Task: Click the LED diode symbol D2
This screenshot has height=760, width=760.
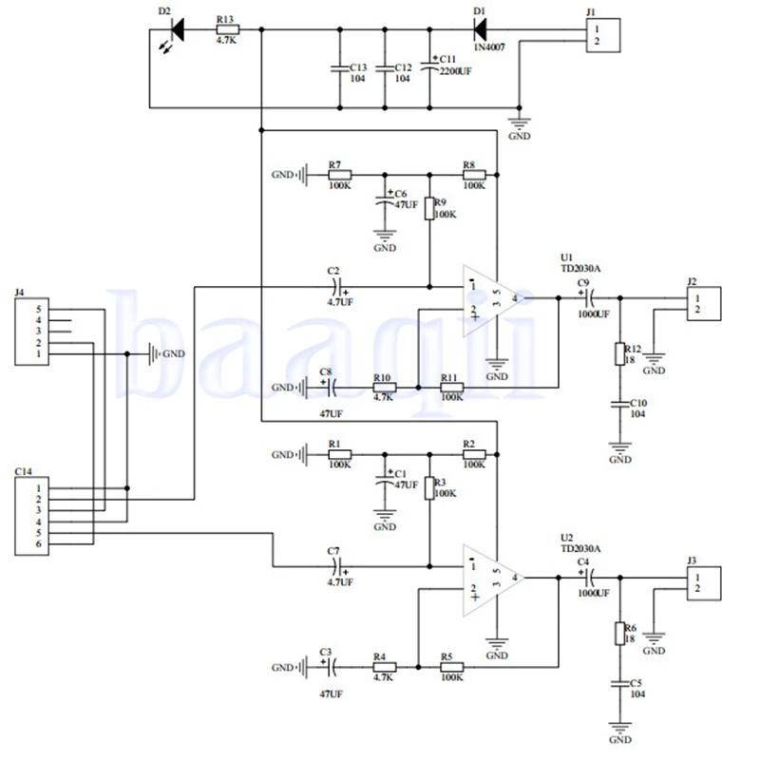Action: [178, 29]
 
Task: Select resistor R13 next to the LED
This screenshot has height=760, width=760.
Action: [227, 29]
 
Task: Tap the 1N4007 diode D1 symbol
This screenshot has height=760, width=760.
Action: [480, 29]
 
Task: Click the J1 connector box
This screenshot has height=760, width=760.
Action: [603, 35]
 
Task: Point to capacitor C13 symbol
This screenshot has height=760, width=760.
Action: [340, 68]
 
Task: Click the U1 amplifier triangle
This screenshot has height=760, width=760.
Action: [491, 300]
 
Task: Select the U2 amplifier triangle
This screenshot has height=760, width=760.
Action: [491, 579]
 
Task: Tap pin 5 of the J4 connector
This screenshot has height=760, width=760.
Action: [39, 310]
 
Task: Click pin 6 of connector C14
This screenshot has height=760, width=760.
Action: [39, 543]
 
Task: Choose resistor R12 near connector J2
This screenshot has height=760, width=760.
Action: [620, 353]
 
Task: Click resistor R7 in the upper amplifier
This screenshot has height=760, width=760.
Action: [340, 175]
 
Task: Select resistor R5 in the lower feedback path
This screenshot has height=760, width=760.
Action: [452, 667]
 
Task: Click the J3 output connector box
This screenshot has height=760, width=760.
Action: [704, 583]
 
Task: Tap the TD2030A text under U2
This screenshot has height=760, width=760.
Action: [580, 549]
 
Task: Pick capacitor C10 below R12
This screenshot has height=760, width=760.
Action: [620, 403]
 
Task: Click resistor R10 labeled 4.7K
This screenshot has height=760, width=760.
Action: [385, 388]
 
